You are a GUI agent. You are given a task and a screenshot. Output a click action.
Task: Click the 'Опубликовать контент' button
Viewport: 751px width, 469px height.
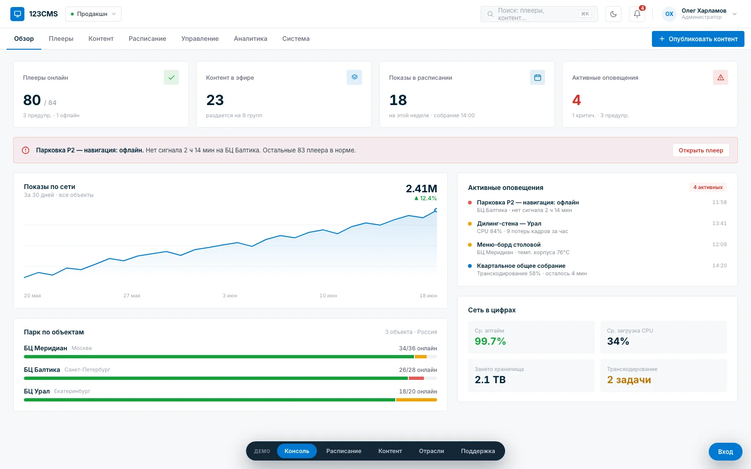(697, 39)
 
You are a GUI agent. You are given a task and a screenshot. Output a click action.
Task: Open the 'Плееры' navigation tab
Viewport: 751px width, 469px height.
(61, 38)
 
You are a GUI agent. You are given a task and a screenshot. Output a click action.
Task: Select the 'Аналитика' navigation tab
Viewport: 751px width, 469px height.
(251, 38)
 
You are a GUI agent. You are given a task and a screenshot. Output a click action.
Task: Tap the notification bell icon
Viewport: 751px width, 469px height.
(636, 14)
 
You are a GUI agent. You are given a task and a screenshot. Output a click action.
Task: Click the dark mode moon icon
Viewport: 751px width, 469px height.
(613, 14)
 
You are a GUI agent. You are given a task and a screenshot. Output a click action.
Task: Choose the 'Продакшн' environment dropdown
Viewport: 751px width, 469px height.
(93, 14)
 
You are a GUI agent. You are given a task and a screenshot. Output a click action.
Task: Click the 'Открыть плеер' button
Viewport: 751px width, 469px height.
(701, 150)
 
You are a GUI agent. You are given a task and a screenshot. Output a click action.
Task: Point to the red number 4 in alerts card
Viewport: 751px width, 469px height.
(576, 100)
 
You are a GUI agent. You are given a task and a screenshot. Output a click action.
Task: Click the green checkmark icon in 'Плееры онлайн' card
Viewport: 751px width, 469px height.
(171, 77)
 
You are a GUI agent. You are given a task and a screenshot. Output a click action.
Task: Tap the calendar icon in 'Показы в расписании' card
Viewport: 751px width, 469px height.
(537, 77)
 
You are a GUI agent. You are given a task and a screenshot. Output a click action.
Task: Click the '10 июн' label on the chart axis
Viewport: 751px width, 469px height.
(328, 295)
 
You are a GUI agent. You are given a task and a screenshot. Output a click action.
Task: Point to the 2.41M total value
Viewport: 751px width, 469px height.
(421, 189)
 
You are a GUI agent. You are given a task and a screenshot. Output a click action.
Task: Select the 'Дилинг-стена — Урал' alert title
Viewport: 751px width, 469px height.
(509, 223)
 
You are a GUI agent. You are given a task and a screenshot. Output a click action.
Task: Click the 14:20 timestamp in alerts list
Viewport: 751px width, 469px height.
(720, 265)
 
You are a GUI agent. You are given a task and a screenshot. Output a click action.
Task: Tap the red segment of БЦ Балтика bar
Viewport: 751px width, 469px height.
(416, 378)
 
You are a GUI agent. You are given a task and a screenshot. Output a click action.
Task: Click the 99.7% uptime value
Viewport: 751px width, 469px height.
(490, 341)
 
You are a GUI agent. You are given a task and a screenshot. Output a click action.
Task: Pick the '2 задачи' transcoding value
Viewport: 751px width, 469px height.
(629, 379)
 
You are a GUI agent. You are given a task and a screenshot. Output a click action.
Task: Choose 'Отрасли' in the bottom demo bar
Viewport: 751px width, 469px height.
(431, 451)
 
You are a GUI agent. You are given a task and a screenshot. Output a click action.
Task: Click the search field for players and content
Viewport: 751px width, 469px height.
(539, 14)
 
